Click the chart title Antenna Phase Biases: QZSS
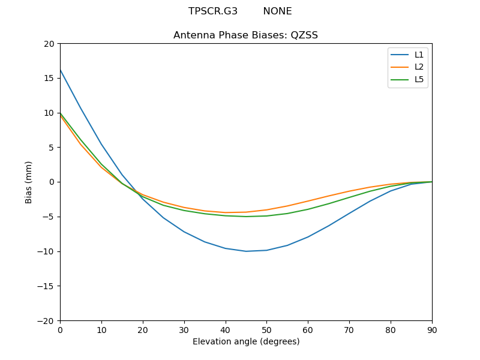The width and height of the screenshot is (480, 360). coord(245,35)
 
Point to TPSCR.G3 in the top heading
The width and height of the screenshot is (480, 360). coord(213,11)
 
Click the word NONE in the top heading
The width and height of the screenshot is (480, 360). coord(277,11)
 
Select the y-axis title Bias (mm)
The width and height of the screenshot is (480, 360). coord(29,182)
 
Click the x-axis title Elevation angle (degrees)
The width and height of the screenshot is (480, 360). coord(246,342)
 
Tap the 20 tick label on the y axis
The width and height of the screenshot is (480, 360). coord(49,44)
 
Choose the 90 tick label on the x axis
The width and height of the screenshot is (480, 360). coord(432,329)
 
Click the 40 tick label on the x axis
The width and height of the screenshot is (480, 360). coord(226,329)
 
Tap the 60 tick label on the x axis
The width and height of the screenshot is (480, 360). coord(308,329)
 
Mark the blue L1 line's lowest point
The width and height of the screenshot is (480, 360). coord(246,251)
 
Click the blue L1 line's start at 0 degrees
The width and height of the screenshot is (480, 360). coord(61,70)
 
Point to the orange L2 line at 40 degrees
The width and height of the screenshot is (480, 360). coord(226,212)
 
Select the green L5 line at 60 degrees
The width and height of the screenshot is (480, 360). coord(308,209)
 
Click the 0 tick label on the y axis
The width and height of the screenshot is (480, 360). coord(52,182)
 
